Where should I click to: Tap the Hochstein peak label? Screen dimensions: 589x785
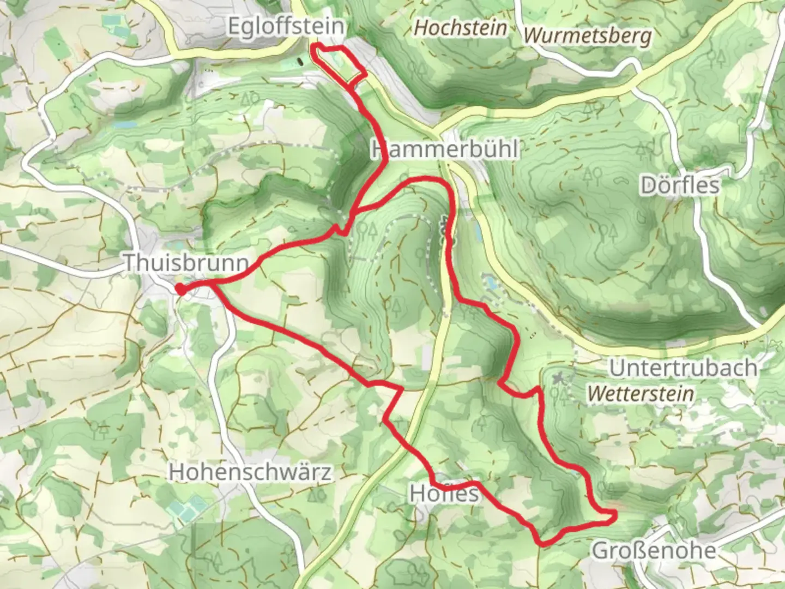point(461,28)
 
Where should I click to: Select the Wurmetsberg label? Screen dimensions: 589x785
point(588,36)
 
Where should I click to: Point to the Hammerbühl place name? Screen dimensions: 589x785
point(445,149)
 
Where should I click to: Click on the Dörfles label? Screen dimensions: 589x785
point(680,185)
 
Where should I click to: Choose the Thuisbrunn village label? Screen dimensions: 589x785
point(186,262)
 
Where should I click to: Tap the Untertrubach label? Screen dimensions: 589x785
point(683,368)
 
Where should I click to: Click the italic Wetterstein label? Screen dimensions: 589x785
point(641,393)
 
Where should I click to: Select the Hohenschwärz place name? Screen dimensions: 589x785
point(250,472)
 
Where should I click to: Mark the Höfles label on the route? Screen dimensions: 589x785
point(444,493)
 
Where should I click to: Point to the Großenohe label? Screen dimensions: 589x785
point(654,550)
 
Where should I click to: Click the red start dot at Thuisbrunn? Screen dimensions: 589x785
point(179,290)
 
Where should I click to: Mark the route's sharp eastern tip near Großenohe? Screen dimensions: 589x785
point(614,514)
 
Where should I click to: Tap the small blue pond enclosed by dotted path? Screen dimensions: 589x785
point(489,283)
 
